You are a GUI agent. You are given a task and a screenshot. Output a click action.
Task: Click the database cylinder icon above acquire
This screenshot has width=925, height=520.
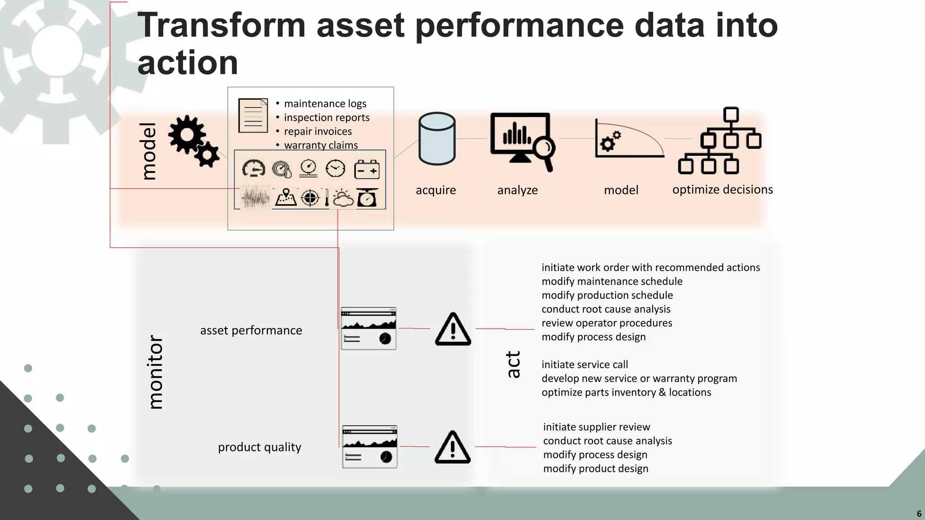[x=437, y=139]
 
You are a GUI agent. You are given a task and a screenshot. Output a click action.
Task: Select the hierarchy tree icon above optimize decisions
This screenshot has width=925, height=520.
[x=720, y=140]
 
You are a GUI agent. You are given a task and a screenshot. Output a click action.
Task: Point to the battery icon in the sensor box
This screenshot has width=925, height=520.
[x=367, y=170]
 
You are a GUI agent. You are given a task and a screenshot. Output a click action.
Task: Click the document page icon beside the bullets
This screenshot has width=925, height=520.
[x=253, y=115]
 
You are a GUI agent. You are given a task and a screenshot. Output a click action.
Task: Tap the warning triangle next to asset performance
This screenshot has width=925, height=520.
[x=453, y=329]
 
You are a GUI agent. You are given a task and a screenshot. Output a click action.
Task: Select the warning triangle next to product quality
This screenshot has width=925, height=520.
[x=453, y=447]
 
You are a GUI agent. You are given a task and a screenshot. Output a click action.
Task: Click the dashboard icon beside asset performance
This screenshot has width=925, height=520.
[x=369, y=329]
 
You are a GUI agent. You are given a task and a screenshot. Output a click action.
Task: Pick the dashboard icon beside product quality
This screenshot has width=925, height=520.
[x=369, y=447]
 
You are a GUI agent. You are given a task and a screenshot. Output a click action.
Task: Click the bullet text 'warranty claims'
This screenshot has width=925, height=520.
[x=321, y=145]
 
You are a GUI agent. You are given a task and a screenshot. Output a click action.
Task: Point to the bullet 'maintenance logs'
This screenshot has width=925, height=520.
[x=325, y=104]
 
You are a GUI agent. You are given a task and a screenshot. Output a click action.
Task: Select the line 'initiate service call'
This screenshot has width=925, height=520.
[x=584, y=365]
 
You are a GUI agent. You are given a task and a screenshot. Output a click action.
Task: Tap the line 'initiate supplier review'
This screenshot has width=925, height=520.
[x=596, y=427]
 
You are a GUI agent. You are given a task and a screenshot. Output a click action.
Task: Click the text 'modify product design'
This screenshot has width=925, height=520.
[x=595, y=469]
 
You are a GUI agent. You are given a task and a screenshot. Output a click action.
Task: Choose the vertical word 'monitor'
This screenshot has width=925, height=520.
[x=155, y=372]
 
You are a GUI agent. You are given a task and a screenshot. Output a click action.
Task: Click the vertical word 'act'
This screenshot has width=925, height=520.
[x=513, y=364]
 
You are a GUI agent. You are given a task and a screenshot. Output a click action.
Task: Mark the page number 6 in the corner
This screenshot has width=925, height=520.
[x=919, y=514]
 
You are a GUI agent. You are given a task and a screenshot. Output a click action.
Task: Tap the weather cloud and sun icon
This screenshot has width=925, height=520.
[x=343, y=198]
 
